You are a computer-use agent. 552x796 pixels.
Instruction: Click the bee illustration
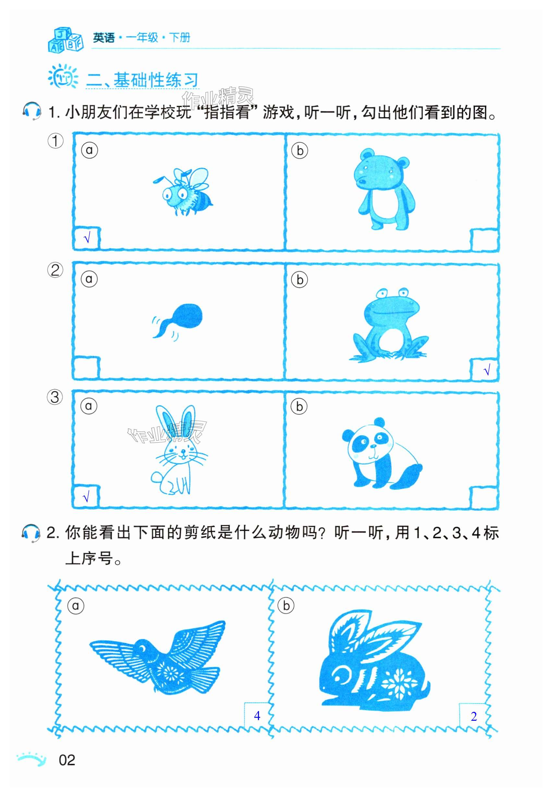(183, 192)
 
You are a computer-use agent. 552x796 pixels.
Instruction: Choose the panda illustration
(382, 453)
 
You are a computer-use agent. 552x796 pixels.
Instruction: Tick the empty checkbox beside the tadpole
(86, 368)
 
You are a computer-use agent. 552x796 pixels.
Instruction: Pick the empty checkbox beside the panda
(484, 497)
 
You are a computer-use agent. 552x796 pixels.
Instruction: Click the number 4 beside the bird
(257, 716)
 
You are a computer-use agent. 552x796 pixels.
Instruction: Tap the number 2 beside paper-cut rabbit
(473, 716)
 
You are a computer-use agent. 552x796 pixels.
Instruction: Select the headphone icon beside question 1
(31, 111)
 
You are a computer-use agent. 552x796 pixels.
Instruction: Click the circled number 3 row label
(55, 397)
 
